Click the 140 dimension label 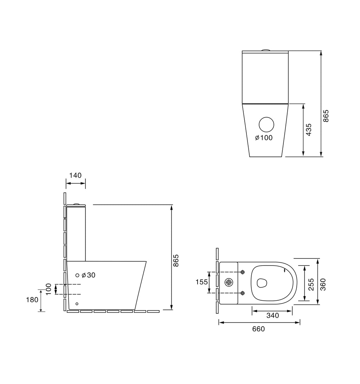75,175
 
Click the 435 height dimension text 309,130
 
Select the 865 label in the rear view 326,116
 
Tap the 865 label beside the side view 176,261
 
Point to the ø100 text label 264,138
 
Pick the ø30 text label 89,275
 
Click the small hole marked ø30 77,275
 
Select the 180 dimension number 32,300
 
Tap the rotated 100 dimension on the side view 49,289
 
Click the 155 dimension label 201,282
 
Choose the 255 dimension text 311,284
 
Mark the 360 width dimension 323,284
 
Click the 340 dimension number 272,315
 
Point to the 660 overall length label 258,329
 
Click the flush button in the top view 229,282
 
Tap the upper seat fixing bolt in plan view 243,272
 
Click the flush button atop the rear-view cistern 265,50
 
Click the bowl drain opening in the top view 262,282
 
